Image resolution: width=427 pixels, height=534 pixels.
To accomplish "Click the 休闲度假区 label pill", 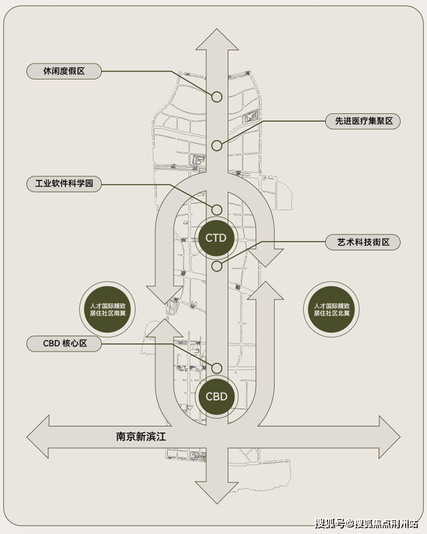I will click(64, 72).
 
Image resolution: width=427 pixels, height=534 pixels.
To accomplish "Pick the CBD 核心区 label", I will click(64, 344).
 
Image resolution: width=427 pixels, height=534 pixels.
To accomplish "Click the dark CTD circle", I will click(216, 238).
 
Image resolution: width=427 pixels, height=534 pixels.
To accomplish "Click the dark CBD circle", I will click(217, 397).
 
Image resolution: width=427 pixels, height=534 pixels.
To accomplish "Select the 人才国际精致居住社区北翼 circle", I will click(331, 310).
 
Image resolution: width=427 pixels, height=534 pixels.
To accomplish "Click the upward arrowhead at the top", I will click(217, 41).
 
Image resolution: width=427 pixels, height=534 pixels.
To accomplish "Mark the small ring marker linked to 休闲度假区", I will click(217, 96).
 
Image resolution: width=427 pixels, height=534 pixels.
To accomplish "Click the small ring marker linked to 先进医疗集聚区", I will click(217, 145).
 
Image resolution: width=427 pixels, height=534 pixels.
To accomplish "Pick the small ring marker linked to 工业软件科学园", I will click(217, 210).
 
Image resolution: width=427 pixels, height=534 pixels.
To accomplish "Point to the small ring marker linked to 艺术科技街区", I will click(217, 265).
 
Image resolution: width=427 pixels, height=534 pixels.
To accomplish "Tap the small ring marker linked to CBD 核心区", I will click(217, 367).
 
